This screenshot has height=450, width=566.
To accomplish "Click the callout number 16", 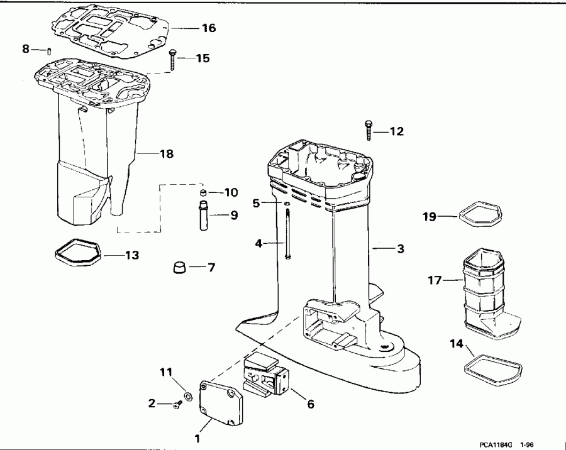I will click(208, 28).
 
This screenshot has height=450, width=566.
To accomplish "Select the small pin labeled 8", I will click(49, 50).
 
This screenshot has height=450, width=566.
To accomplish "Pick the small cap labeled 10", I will click(203, 192).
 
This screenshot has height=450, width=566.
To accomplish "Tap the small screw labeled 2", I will click(176, 405).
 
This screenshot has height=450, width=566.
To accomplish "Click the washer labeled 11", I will click(187, 397).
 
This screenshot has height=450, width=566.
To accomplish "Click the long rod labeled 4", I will click(287, 233).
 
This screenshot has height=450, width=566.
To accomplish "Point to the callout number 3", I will click(400, 250).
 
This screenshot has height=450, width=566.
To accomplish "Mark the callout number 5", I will click(256, 203).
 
